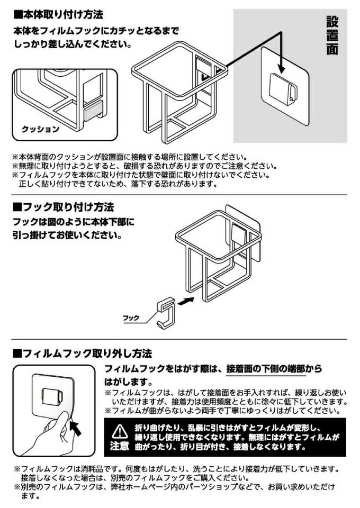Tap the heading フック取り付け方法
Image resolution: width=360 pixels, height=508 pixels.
(x=64, y=207)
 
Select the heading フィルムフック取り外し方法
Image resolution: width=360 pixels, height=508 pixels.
(x=83, y=353)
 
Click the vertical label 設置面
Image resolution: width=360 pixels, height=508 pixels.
(x=332, y=35)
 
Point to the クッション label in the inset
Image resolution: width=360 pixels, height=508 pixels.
(x=41, y=129)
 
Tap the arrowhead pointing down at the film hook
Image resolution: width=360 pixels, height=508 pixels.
(x=281, y=68)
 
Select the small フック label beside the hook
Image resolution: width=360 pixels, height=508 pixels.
(x=131, y=318)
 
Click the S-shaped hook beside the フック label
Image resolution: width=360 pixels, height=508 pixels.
(x=166, y=313)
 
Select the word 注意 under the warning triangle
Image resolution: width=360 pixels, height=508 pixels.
(x=120, y=446)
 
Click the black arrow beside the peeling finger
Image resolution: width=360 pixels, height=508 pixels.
(x=76, y=428)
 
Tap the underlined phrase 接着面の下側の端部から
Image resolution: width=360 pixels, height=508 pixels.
(x=274, y=369)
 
